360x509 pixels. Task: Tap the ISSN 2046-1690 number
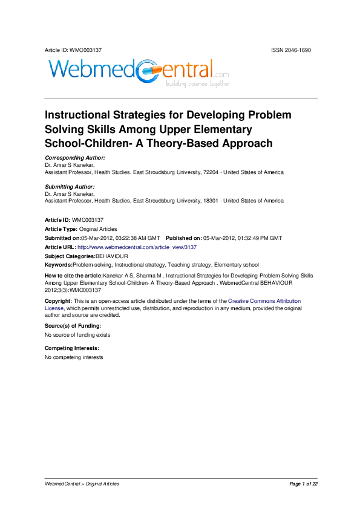coord(291,50)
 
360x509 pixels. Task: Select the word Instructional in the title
coord(79,115)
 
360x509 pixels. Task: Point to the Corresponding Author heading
coord(75,158)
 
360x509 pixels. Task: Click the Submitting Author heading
coord(70,187)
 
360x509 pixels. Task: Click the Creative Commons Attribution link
coord(264,300)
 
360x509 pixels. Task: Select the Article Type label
coord(61,229)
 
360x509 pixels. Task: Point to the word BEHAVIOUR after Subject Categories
coord(111,256)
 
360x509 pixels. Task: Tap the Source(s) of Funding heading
coord(73,326)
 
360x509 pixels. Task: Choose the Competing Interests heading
coord(72,349)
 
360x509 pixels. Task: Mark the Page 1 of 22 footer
coord(303,484)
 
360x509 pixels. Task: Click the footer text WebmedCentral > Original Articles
coord(82,484)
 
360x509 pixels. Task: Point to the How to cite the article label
coord(74,275)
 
